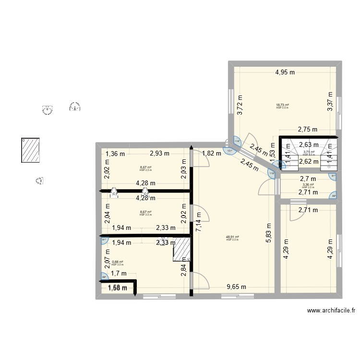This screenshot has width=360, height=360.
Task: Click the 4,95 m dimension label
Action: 285,73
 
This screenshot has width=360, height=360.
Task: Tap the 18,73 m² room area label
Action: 282,105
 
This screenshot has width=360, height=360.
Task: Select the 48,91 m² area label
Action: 232,237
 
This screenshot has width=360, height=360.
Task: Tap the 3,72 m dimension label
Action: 240,104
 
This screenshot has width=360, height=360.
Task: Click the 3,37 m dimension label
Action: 330,101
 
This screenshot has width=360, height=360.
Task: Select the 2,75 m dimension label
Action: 308,130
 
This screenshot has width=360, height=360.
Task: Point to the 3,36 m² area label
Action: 308,185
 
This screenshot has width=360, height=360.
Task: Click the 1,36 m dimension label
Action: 115,154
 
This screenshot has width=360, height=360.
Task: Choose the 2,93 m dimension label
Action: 159,154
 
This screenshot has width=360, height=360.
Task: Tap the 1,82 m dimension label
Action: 211,154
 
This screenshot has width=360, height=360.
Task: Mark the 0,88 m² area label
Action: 118,262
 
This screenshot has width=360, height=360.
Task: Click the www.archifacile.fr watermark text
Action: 332,311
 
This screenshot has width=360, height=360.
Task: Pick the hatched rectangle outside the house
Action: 30,150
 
